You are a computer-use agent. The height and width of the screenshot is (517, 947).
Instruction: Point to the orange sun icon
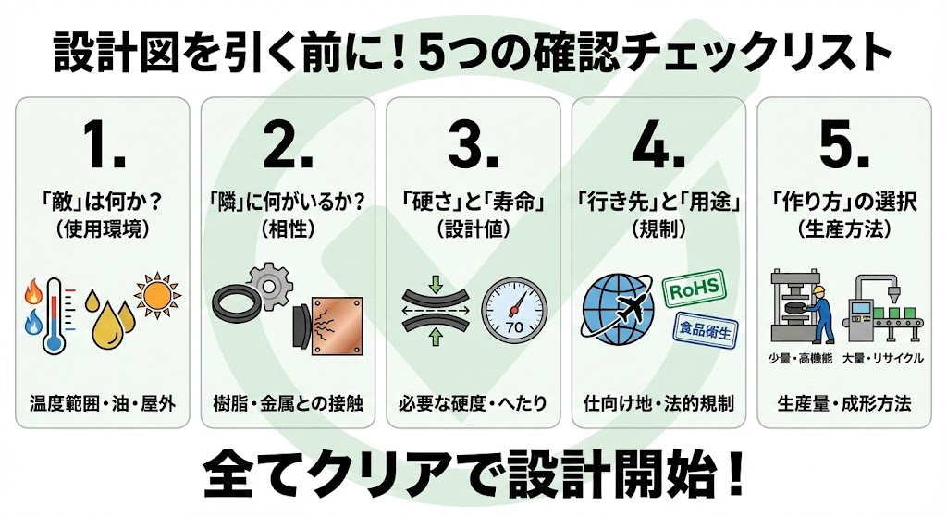(x=157, y=295)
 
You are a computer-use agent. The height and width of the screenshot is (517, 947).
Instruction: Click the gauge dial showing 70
(x=514, y=311)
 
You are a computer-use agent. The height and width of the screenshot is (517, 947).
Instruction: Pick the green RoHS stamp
(x=694, y=289)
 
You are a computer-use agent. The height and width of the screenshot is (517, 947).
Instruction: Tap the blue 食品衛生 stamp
(x=706, y=330)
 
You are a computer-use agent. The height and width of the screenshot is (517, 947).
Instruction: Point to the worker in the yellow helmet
(x=822, y=314)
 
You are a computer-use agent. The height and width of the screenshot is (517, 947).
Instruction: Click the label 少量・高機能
(x=800, y=359)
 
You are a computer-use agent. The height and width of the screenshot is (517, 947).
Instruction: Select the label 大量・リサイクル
(x=883, y=359)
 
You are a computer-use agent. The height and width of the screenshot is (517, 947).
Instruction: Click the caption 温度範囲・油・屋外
(x=103, y=403)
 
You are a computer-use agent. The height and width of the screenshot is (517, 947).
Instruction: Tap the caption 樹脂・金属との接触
(x=289, y=403)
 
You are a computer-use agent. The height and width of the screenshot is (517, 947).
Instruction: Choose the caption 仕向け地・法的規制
(x=658, y=403)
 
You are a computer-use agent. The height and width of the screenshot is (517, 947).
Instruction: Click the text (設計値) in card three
(x=473, y=229)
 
